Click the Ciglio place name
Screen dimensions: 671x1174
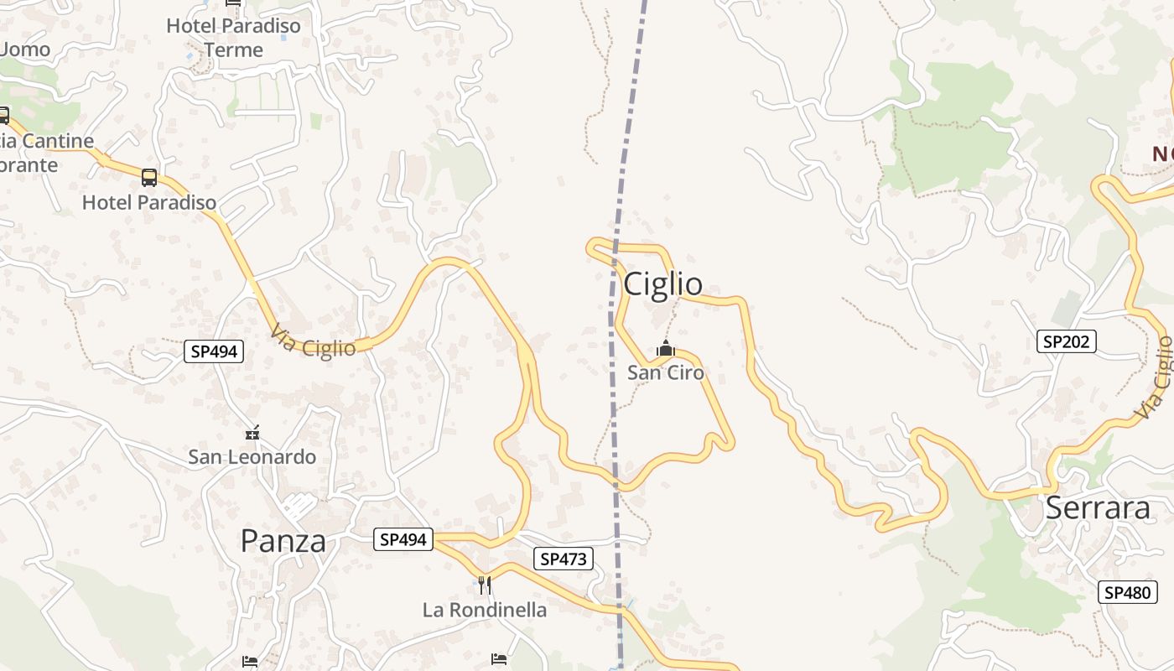click(662, 284)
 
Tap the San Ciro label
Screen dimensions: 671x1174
click(666, 372)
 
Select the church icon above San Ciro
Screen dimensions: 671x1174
click(666, 348)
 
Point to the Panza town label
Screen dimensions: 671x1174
click(283, 541)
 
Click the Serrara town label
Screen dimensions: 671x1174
click(1098, 508)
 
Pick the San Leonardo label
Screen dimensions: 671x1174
click(252, 457)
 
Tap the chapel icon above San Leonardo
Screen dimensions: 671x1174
click(252, 433)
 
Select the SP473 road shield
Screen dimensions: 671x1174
click(563, 559)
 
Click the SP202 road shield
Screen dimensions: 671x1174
click(1066, 341)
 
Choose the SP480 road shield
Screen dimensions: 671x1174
click(1127, 592)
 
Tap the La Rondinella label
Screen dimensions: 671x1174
click(485, 610)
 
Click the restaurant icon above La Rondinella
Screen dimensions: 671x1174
click(485, 585)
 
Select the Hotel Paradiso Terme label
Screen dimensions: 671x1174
click(233, 38)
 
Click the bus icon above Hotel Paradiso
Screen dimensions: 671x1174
click(149, 178)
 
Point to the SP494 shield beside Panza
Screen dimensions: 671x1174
click(403, 539)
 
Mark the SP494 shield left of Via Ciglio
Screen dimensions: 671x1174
click(214, 351)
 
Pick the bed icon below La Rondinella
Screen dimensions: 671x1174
click(499, 659)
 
